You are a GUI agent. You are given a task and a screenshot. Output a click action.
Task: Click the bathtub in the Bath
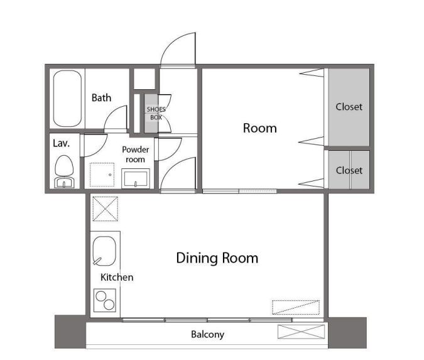(67, 99)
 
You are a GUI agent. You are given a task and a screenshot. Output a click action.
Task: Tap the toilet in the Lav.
(64, 171)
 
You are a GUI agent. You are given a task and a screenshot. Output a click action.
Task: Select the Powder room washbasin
(136, 178)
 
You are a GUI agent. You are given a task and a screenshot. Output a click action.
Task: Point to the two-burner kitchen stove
(105, 300)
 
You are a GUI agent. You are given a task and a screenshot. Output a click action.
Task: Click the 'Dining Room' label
(217, 258)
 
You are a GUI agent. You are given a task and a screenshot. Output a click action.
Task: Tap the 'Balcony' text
(208, 335)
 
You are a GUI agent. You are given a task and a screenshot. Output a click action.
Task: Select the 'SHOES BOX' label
(156, 113)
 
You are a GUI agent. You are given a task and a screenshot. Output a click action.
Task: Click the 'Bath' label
(101, 97)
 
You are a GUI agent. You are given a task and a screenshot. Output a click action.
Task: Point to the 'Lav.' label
(62, 143)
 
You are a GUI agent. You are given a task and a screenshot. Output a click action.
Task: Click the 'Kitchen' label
(117, 277)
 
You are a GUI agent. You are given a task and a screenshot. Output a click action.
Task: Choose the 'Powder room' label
(136, 155)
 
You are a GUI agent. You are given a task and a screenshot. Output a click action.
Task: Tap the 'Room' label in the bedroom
(260, 128)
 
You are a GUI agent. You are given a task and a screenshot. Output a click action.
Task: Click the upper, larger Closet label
(349, 107)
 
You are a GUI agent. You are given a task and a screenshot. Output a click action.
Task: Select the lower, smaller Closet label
(349, 170)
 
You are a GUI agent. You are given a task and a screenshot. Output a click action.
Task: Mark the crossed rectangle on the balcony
(302, 332)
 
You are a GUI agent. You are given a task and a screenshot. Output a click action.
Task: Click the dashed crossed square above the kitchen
(105, 209)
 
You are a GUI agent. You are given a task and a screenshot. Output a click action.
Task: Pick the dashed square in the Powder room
(102, 175)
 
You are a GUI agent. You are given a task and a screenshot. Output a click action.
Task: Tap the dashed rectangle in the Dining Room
(296, 307)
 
